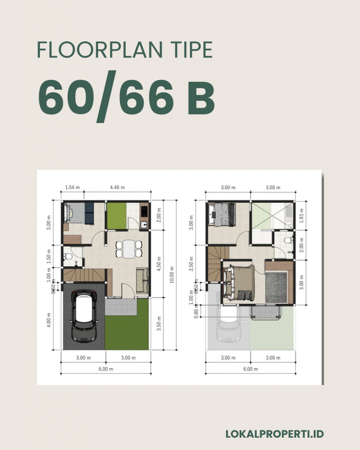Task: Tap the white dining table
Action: click(128, 249)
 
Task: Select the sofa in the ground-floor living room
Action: click(142, 280)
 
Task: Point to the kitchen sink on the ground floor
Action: click(144, 225)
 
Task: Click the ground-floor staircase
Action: click(84, 276)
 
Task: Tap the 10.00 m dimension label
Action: click(172, 275)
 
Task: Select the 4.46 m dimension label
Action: click(117, 188)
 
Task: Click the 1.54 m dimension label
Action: click(72, 188)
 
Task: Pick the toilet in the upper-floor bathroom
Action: click(288, 240)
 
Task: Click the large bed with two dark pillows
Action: click(240, 283)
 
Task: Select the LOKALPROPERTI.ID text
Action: click(274, 434)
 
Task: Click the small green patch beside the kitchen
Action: click(117, 216)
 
